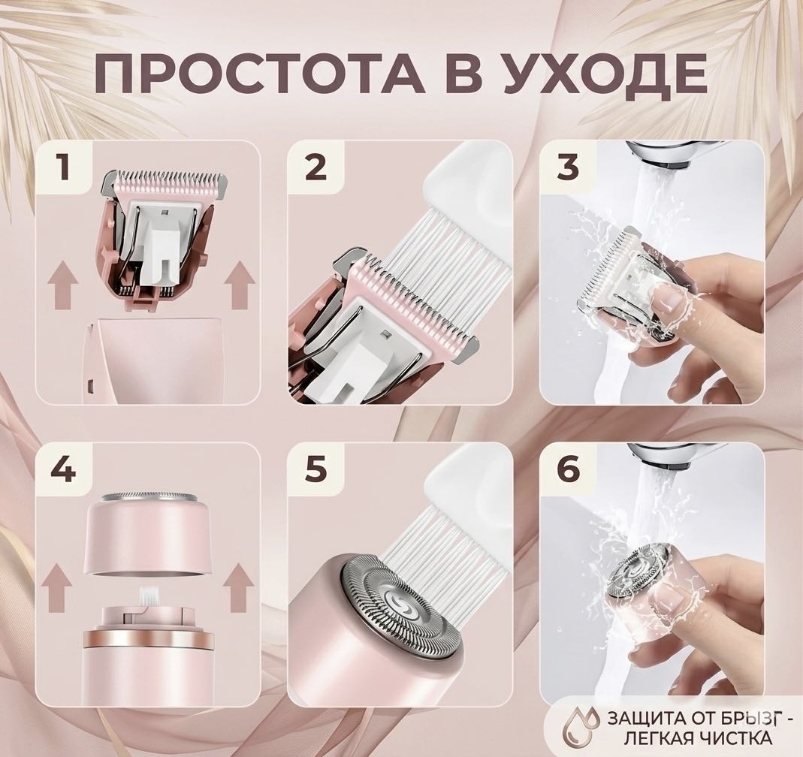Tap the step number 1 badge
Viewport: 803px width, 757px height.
(x=64, y=167)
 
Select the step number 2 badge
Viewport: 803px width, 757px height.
(x=315, y=167)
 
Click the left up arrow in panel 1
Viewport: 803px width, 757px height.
(x=62, y=285)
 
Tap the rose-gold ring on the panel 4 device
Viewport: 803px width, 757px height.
(x=148, y=638)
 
